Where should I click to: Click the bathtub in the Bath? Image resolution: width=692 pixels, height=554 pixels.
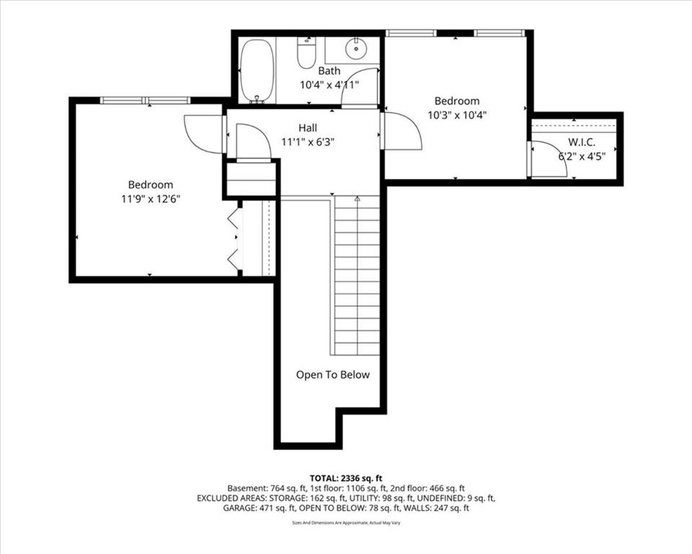tap(257, 71)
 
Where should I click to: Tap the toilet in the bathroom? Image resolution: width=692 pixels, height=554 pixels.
tap(307, 53)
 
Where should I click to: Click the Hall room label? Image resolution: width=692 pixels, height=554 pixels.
tap(308, 128)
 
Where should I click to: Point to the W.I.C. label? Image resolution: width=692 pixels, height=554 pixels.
tap(581, 142)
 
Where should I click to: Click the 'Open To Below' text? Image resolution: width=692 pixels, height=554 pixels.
tap(333, 374)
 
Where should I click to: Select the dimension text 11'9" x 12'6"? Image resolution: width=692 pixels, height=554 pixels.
tap(151, 199)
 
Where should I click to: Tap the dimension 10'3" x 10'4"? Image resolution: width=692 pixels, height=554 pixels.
tap(457, 115)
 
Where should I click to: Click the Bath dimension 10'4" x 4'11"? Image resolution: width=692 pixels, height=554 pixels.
tap(329, 85)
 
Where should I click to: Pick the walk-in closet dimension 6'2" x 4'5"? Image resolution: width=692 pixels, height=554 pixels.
tap(582, 156)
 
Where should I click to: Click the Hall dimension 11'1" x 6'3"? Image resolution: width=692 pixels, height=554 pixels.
tap(308, 142)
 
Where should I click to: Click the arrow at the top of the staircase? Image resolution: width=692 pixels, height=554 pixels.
tap(357, 199)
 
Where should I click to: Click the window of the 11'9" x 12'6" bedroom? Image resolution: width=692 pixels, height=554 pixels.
tap(145, 100)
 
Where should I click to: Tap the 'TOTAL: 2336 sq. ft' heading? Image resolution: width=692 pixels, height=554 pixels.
tap(346, 478)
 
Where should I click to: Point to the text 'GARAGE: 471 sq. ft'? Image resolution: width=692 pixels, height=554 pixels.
tap(259, 508)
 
